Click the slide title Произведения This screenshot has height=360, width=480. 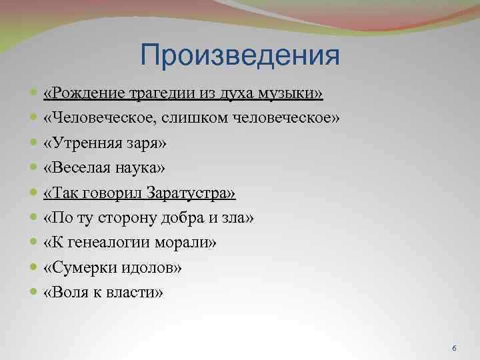coord(240,55)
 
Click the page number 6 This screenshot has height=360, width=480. coord(454,349)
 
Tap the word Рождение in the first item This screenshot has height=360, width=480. coord(81,94)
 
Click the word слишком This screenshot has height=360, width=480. coord(198,119)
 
